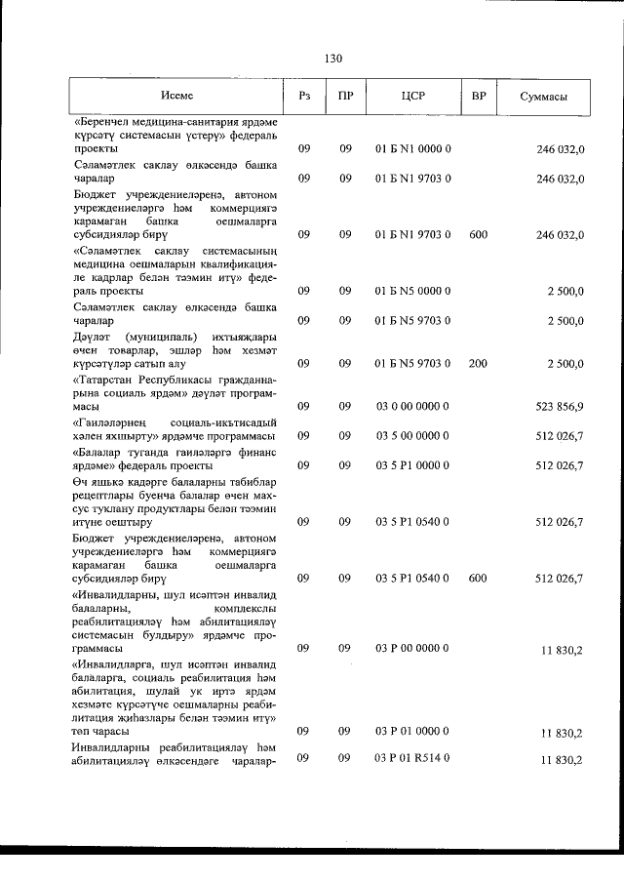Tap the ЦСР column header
(412, 96)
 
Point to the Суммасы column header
(544, 97)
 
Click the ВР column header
(478, 96)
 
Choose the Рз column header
(304, 96)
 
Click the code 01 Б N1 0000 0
(411, 150)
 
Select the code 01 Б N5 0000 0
(411, 292)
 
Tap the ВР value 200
(478, 364)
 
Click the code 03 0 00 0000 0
(411, 406)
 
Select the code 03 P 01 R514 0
(411, 759)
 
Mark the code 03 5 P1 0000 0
(411, 465)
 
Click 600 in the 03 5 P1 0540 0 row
(478, 579)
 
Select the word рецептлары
(104, 496)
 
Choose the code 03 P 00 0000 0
(411, 648)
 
